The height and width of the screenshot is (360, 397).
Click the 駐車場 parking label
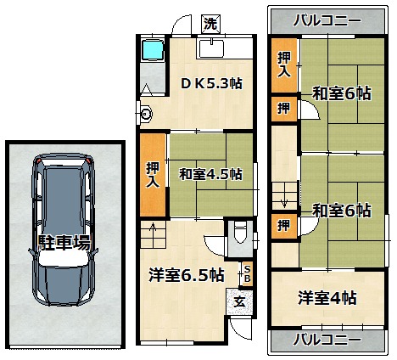[x=64, y=243]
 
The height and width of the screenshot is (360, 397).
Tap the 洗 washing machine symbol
[x=210, y=24]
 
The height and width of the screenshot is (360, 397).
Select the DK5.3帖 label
[x=211, y=84]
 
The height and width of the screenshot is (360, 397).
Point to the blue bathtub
[x=153, y=50]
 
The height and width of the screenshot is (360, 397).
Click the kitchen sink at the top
[x=212, y=48]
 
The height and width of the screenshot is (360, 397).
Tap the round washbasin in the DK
[x=147, y=114]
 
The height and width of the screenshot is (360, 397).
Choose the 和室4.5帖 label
[x=210, y=174]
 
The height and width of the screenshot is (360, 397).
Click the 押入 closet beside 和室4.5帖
[x=153, y=175]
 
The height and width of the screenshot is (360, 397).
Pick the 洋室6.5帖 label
[x=187, y=275]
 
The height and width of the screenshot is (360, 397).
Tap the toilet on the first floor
[x=240, y=233]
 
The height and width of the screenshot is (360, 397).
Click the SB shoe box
[x=247, y=273]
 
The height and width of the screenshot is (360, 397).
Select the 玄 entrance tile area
[x=239, y=301]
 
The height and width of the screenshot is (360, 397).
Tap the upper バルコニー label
[x=327, y=21]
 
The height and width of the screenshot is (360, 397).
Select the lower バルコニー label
[x=327, y=339]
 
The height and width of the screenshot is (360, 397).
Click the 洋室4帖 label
[x=327, y=298]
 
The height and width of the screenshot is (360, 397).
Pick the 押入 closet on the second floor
[x=284, y=65]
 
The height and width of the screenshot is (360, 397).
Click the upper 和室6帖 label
[x=341, y=93]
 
